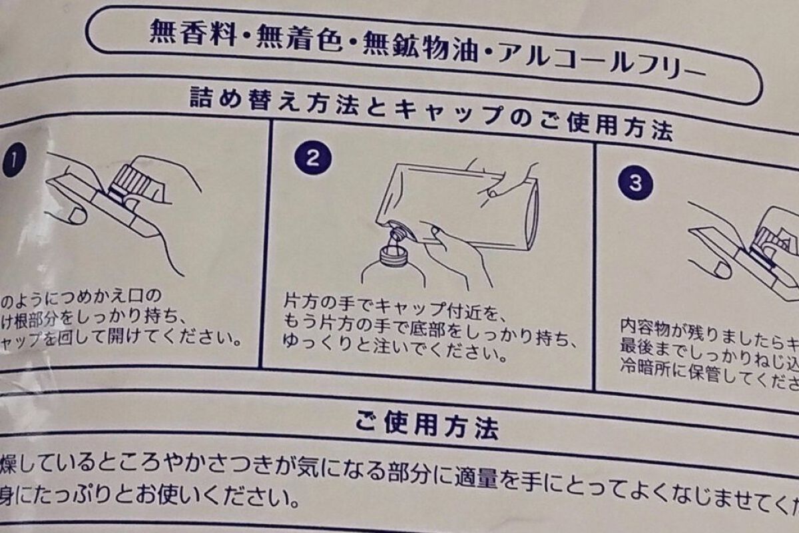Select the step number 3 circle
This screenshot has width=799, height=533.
pos(635,183)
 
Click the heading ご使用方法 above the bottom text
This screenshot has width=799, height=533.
pos(426,424)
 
